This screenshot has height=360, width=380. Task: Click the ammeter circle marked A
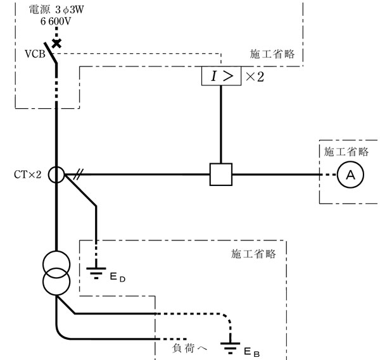[x=350, y=176]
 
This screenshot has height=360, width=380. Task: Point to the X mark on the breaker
[x=57, y=43]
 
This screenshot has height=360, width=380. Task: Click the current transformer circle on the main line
[x=56, y=175]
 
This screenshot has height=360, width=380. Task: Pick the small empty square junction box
[x=220, y=175]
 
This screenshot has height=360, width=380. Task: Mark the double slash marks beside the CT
[x=78, y=175]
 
